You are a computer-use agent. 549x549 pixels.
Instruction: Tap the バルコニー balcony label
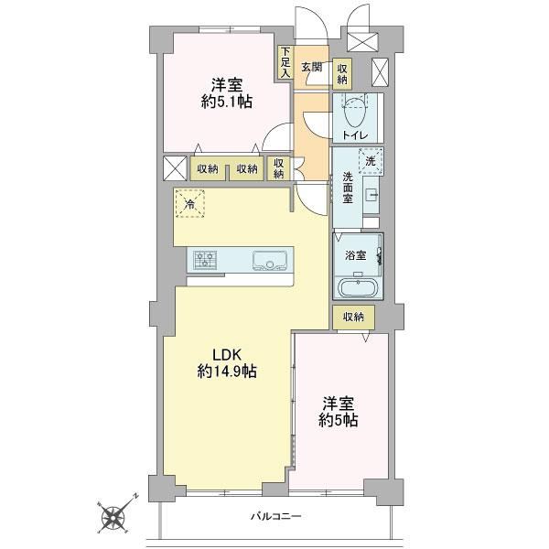(276, 516)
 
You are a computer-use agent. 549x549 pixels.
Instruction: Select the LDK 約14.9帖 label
(227, 363)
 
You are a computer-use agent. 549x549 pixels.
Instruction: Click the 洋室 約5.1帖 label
(227, 93)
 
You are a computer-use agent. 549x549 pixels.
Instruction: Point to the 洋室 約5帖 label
(339, 412)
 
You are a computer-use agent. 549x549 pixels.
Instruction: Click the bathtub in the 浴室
(358, 287)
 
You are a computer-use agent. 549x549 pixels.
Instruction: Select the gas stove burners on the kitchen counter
(205, 260)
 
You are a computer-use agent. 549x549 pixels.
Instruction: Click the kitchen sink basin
(270, 261)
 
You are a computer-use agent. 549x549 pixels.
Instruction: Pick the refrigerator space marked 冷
(189, 203)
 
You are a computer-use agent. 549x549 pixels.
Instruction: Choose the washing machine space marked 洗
(371, 161)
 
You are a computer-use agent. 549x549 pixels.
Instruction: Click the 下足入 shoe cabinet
(285, 62)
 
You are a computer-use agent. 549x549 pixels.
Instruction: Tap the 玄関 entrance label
(312, 67)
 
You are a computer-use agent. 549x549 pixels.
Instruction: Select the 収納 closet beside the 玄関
(342, 74)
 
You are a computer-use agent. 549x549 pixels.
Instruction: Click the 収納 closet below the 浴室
(353, 318)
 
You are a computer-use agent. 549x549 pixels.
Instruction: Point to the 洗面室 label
(348, 188)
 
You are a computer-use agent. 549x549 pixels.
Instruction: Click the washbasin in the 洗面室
(371, 195)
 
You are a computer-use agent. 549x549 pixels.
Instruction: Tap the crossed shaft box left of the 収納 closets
(175, 168)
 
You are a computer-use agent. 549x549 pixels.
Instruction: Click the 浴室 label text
(355, 255)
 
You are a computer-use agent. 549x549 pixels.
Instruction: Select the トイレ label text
(355, 135)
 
